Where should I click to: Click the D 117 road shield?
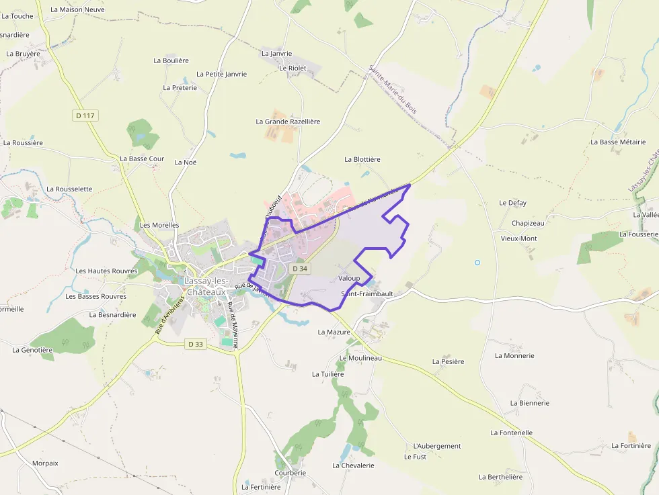point(85,116)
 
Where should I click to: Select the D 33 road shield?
point(196,344)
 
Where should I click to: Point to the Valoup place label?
point(349,278)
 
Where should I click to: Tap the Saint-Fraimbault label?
point(367,294)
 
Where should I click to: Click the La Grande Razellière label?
point(288,122)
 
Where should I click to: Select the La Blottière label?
point(362,159)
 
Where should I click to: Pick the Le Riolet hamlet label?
point(293,68)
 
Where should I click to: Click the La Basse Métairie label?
point(618,142)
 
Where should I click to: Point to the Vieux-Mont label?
point(519,238)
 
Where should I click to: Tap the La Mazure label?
point(334,332)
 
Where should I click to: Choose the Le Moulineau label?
point(360,358)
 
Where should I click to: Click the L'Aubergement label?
point(437,446)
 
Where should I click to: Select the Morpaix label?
point(45,463)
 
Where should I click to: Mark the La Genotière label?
point(32,350)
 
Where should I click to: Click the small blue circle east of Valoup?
point(477,262)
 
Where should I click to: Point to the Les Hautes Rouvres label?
point(106,271)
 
